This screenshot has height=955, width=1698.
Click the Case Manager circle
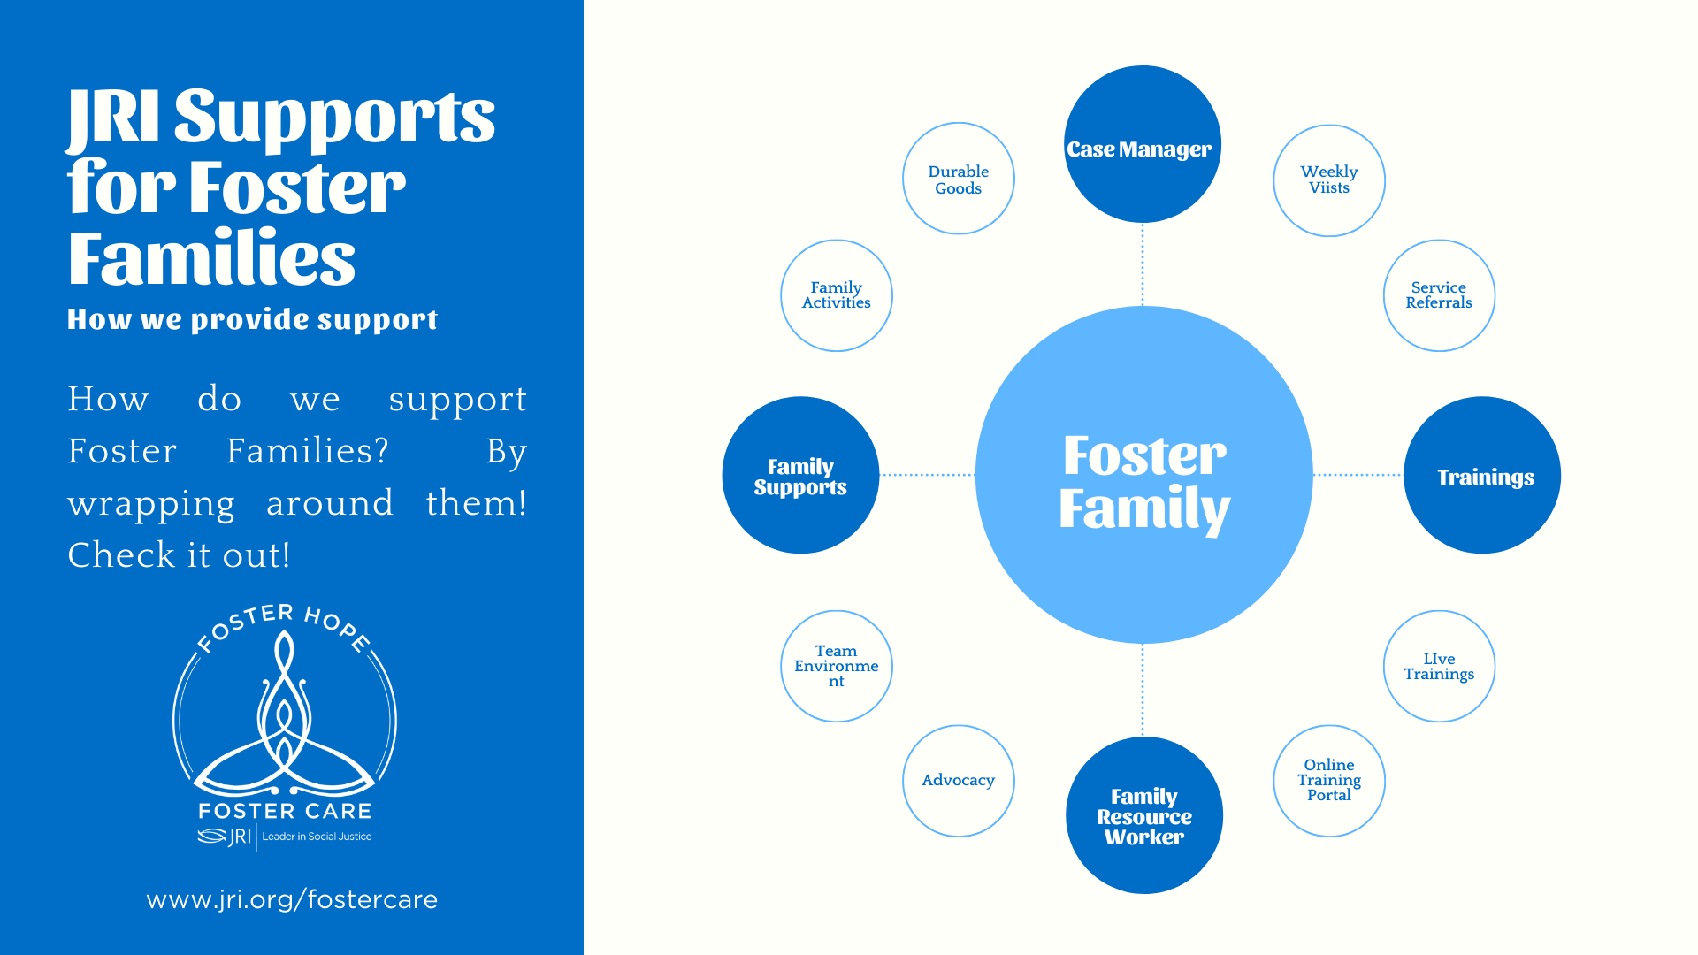[1143, 144]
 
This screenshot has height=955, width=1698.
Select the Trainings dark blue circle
[1482, 475]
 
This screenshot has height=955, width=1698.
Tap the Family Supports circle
[800, 475]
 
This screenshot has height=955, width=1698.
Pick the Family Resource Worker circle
[1144, 815]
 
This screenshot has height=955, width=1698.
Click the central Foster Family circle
[1143, 475]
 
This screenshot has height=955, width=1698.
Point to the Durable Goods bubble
[959, 179]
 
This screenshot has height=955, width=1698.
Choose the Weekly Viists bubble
[1329, 180]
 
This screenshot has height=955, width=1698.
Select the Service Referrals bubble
[1439, 295]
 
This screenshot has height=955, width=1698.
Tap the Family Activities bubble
[837, 295]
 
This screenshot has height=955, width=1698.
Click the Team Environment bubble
[837, 666]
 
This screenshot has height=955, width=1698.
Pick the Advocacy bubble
[959, 781]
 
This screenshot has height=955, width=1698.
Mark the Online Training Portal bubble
[1329, 781]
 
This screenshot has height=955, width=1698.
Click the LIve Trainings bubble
[1439, 666]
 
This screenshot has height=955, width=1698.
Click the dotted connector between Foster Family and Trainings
[1358, 475]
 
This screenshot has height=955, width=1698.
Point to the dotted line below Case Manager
[1143, 264]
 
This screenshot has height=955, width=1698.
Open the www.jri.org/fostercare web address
[292, 899]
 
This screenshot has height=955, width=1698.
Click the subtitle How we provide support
[252, 319]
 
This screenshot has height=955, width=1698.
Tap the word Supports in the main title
[334, 118]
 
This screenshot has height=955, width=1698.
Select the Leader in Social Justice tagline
[317, 837]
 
